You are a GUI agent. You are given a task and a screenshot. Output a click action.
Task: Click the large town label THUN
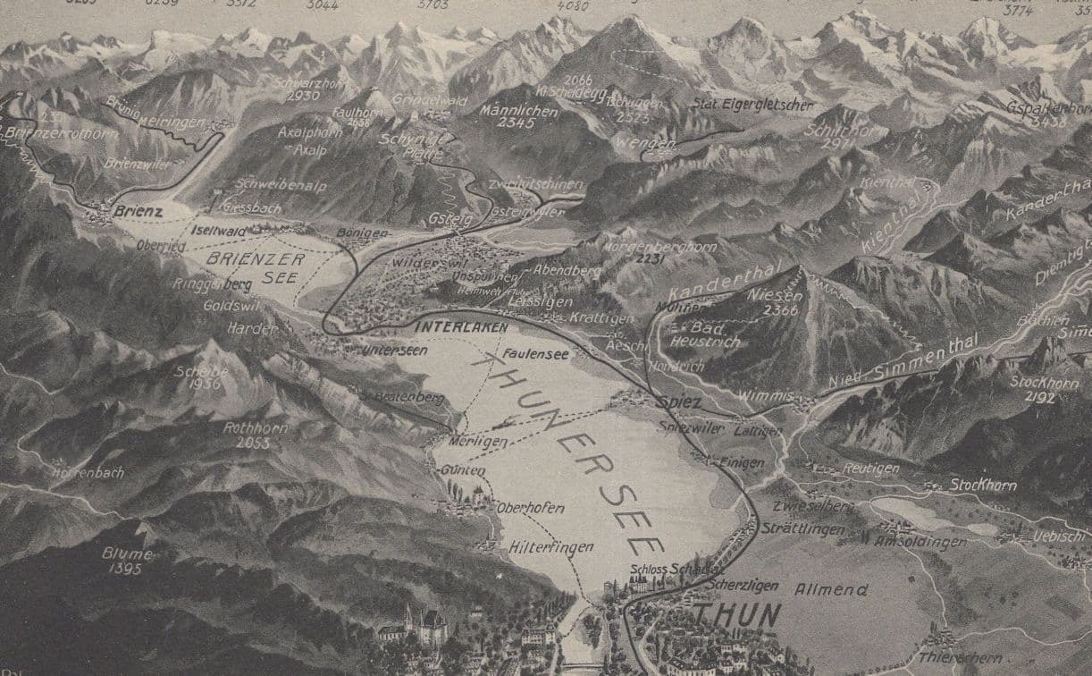pos(736,615)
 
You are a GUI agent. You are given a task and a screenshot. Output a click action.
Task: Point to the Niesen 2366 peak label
pos(772,301)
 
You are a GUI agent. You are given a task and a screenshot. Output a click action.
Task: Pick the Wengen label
pos(633,143)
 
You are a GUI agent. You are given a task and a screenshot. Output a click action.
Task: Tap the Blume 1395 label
pos(127,560)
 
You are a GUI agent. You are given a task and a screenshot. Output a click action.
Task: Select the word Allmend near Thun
pos(830,589)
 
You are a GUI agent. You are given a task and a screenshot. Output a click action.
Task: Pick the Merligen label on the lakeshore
pos(480,442)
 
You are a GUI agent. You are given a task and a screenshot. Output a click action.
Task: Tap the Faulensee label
pos(535,354)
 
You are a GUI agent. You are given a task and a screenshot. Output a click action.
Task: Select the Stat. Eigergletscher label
pos(752,106)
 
